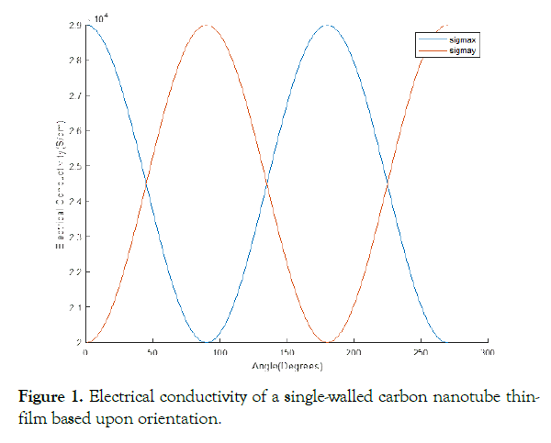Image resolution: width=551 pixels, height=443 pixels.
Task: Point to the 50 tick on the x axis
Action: pos(152,352)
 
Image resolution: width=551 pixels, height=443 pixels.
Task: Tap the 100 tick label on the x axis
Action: pos(219,352)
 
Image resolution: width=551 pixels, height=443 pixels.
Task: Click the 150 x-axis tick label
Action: pos(286,352)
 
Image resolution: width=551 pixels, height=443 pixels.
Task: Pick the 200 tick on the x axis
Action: pos(354,352)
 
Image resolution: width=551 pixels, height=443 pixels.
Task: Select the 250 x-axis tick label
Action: pos(421,352)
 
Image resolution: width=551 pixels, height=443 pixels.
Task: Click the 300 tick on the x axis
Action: pos(488,352)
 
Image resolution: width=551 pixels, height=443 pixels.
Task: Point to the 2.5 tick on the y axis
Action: pos(75,166)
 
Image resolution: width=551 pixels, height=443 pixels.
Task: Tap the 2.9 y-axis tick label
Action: pos(75,25)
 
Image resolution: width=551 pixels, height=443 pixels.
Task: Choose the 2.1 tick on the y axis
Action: pos(75,307)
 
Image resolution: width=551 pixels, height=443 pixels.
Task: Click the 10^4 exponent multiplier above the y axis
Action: pos(101,17)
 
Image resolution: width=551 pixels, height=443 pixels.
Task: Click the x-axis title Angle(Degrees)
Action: pos(286,365)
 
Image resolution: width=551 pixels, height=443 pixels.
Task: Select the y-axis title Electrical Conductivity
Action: pos(59,183)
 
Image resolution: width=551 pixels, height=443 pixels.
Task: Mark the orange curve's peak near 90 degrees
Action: pos(206,25)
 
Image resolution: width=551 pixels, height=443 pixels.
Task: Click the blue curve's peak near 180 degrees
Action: pos(327,25)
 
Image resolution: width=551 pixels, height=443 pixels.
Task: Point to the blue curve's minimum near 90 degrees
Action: pos(206,342)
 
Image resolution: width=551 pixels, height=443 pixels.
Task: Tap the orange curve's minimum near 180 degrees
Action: pos(327,342)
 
